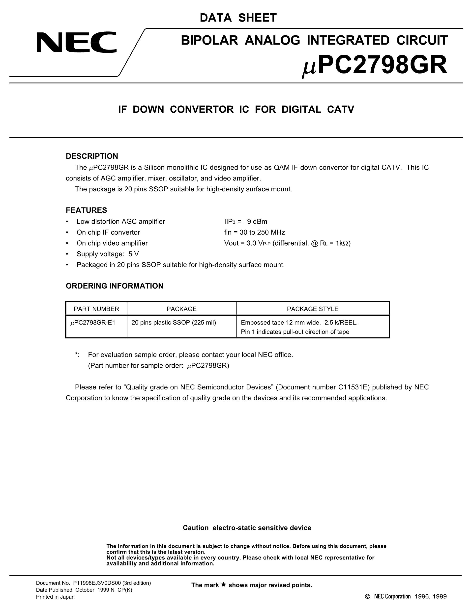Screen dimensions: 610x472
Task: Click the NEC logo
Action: (x=76, y=42)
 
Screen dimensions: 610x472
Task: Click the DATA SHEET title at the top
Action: (x=238, y=18)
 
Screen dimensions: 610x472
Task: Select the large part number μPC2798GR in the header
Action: (x=374, y=66)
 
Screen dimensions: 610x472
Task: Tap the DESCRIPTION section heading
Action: (x=92, y=156)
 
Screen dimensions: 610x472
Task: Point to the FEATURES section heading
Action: (x=86, y=210)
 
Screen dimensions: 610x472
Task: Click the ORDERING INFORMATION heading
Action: (x=114, y=286)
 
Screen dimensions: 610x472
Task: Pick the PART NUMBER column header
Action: (x=96, y=309)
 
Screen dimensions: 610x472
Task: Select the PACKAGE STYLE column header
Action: (x=312, y=309)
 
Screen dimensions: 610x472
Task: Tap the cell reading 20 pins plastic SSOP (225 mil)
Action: (x=174, y=323)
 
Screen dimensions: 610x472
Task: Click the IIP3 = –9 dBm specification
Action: (x=245, y=222)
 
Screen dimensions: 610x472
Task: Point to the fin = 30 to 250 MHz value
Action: (x=254, y=232)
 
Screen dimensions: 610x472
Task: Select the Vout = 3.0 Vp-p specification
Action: (x=287, y=243)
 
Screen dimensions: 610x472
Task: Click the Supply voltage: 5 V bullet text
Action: (x=108, y=254)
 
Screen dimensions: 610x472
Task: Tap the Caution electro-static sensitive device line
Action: (x=247, y=528)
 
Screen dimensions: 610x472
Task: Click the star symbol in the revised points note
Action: (x=223, y=584)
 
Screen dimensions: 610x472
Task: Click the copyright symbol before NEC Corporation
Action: (x=367, y=597)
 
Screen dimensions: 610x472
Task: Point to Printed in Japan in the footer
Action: (x=55, y=597)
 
